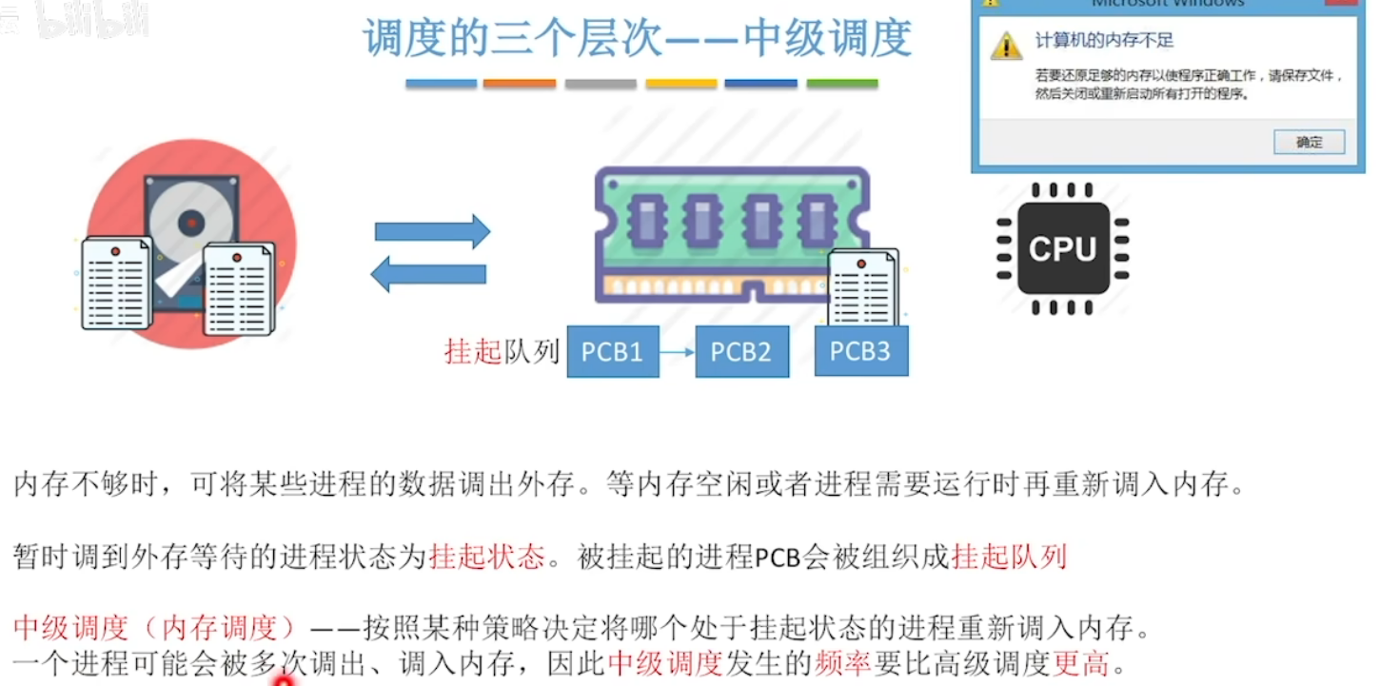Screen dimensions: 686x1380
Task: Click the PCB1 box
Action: (x=613, y=351)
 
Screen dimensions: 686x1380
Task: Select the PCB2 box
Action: (x=741, y=351)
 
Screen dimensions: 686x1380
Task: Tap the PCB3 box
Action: (x=860, y=351)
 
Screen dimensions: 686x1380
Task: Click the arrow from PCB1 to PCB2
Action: (x=677, y=352)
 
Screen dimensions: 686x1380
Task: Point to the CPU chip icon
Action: (x=1062, y=247)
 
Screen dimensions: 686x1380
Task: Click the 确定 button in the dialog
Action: (x=1309, y=142)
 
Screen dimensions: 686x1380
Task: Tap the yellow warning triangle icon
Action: (x=1006, y=45)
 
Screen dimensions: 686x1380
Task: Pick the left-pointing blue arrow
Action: (x=428, y=274)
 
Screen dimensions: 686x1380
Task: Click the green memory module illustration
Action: (x=730, y=234)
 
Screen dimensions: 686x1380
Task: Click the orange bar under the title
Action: (x=519, y=84)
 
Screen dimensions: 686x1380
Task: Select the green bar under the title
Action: (x=841, y=84)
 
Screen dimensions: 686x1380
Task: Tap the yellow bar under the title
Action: (x=680, y=84)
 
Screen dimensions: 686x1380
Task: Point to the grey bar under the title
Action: (x=600, y=84)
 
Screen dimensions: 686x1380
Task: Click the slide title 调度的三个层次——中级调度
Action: (x=637, y=40)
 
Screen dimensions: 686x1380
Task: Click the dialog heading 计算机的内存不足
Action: (x=1104, y=41)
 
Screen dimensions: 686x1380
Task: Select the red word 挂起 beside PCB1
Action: (x=472, y=351)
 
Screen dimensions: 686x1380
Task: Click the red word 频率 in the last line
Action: (x=842, y=662)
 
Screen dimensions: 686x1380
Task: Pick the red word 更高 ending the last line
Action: (x=1081, y=662)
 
